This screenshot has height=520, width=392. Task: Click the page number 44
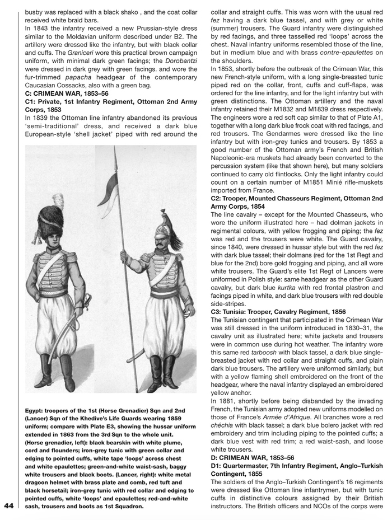(8, 506)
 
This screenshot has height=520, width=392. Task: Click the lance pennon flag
(109, 188)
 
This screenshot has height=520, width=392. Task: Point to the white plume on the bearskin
(58, 200)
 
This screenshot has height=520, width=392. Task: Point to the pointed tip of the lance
(115, 152)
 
